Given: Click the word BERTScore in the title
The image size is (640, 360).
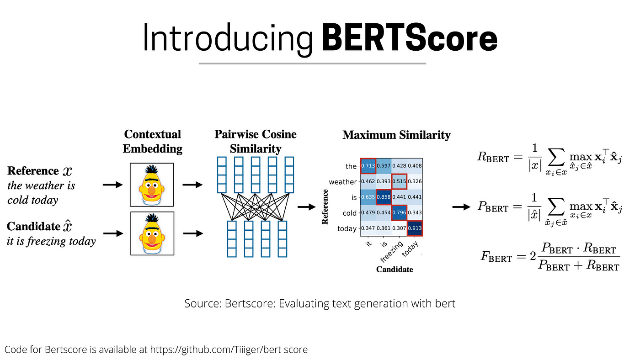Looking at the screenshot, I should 410,39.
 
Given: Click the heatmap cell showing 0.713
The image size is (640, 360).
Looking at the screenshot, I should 368,166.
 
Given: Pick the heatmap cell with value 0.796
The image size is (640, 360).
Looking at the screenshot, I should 399,212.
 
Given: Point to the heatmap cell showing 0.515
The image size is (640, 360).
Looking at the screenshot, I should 399,181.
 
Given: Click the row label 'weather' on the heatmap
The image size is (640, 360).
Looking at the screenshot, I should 342,182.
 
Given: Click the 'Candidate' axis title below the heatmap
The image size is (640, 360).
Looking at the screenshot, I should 395,270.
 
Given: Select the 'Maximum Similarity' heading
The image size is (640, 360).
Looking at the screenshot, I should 396,135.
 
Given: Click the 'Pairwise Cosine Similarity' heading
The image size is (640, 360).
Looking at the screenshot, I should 256,141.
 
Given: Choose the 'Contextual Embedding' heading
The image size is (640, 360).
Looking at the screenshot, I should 152,141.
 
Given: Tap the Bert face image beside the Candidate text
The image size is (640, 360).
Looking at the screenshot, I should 152,233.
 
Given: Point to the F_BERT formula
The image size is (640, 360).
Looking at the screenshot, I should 550,257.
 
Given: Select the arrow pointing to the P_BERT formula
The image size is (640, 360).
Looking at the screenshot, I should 461,207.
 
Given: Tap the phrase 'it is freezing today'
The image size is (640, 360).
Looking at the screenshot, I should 51,241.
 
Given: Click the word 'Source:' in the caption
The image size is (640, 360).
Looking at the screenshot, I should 203,303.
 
